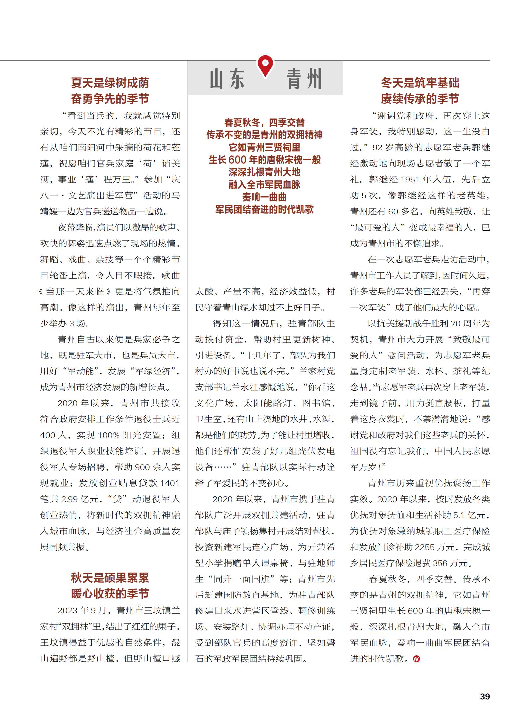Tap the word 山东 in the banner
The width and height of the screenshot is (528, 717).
227,79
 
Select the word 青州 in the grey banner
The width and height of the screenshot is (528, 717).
304,79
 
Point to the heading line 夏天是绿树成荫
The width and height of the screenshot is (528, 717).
110,83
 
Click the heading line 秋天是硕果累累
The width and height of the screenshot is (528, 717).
110,578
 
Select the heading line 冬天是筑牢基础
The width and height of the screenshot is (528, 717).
420,83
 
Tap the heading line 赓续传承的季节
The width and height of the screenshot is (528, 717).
420,99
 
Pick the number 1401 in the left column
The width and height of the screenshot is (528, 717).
170,483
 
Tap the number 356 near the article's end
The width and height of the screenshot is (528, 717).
440,563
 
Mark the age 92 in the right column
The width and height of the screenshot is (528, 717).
378,147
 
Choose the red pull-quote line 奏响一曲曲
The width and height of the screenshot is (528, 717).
264,197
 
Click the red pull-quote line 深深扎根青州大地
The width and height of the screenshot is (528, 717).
264,172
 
